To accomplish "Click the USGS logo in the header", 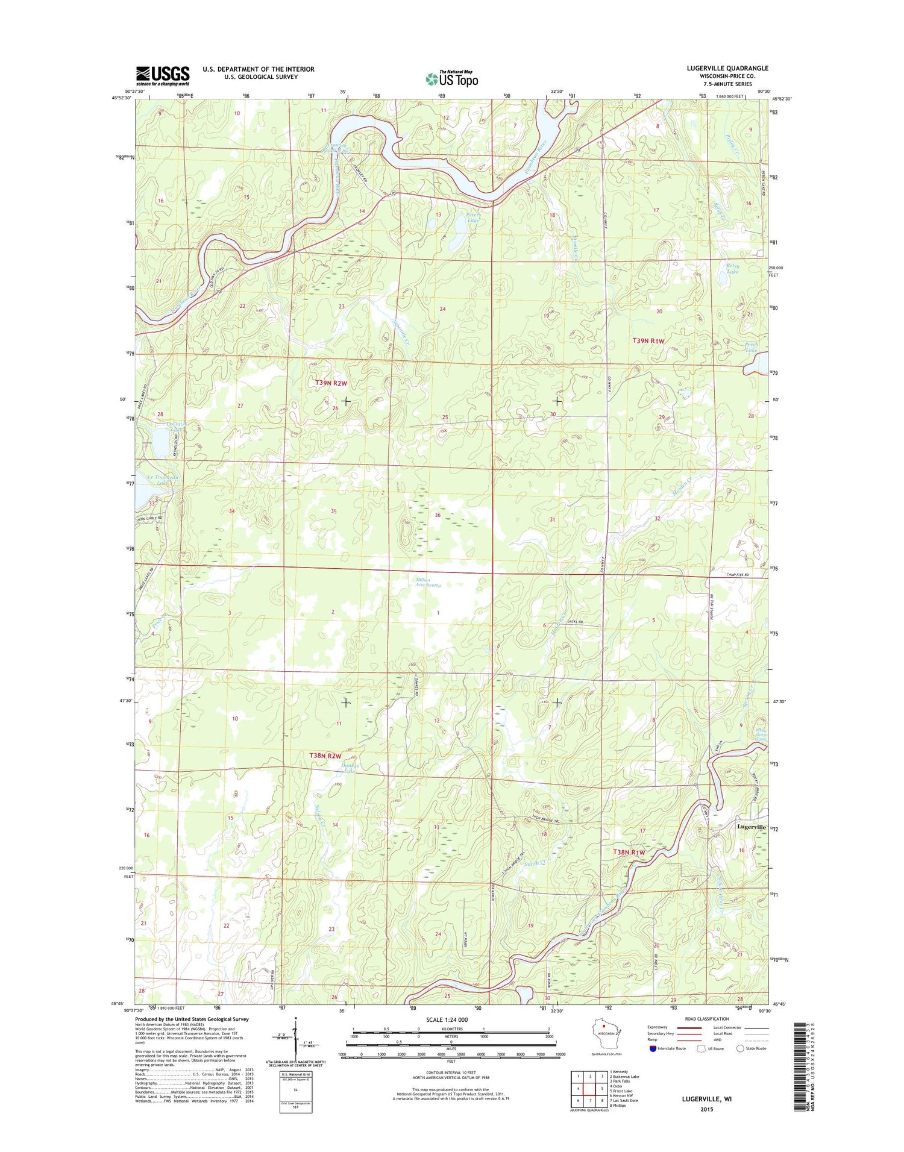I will click(x=163, y=75).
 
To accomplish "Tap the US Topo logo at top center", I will click(x=452, y=78).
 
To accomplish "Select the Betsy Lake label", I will click(x=732, y=268).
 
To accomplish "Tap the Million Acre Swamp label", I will click(x=428, y=583).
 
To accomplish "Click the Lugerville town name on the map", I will click(x=751, y=827).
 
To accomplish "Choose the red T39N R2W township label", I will click(x=331, y=383).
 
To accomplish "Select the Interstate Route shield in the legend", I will click(x=653, y=1048).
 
